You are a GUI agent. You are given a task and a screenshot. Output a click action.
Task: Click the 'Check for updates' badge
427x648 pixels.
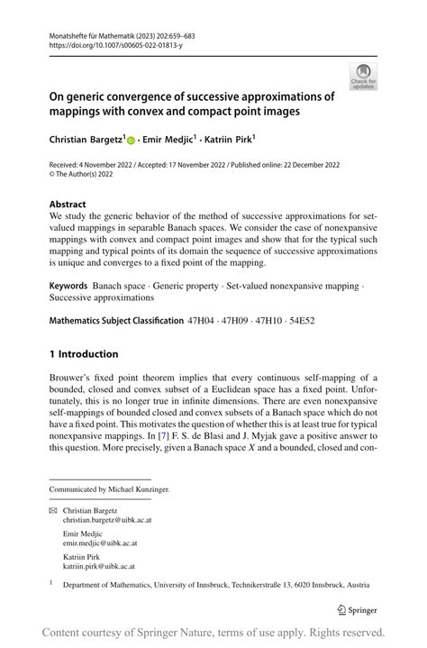[363, 76]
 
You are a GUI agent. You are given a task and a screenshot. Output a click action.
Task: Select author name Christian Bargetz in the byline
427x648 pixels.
[86, 141]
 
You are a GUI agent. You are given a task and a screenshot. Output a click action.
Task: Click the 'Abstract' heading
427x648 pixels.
[68, 205]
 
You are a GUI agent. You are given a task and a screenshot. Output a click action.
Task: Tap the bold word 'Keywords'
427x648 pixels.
[68, 285]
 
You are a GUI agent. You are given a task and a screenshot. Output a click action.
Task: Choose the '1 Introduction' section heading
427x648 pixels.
[84, 354]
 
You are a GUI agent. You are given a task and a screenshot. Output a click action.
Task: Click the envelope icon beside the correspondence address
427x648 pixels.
[53, 510]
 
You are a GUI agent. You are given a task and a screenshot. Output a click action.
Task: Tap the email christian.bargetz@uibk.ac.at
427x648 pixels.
[101, 520]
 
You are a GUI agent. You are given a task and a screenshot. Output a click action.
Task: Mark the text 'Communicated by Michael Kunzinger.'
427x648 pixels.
[109, 489]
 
